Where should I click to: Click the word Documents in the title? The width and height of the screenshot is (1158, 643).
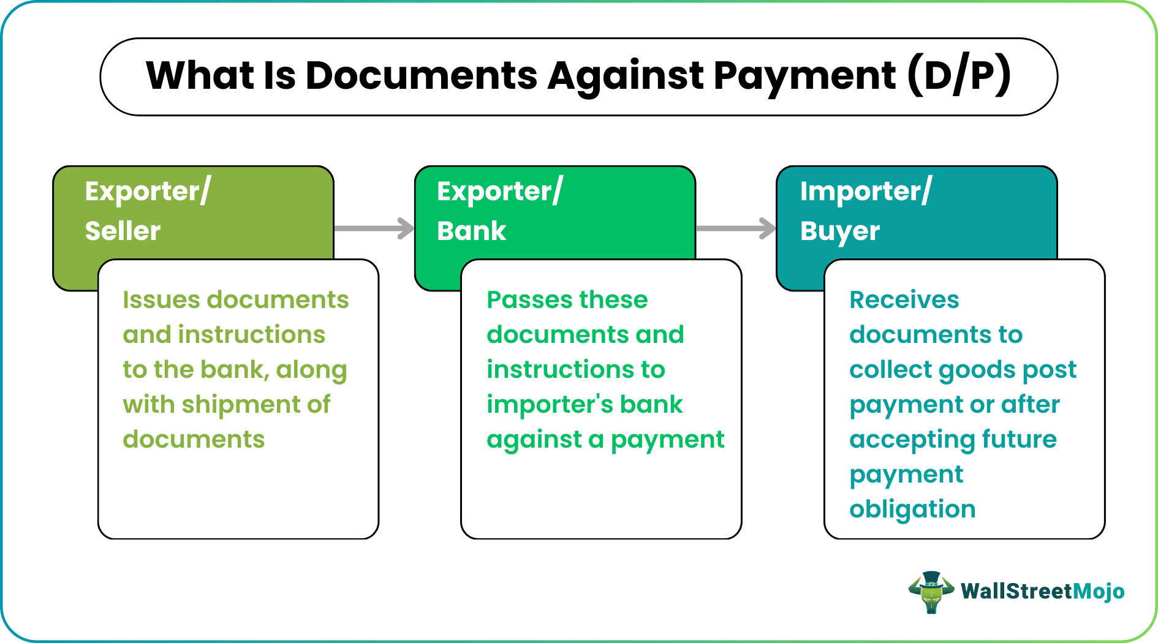pyautogui.click(x=421, y=77)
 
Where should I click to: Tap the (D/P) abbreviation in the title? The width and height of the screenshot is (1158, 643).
pyautogui.click(x=959, y=77)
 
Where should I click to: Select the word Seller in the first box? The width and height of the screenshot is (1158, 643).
pyautogui.click(x=123, y=231)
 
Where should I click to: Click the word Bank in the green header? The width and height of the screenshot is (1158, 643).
pyautogui.click(x=471, y=231)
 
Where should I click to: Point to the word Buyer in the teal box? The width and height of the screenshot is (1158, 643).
pyautogui.click(x=839, y=231)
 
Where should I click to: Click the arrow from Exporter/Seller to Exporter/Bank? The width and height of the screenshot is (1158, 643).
pyautogui.click(x=374, y=228)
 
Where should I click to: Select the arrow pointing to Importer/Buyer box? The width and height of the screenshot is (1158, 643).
pyautogui.click(x=736, y=228)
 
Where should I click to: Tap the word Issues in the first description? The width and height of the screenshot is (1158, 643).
pyautogui.click(x=161, y=300)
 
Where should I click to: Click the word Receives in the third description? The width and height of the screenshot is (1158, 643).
pyautogui.click(x=904, y=300)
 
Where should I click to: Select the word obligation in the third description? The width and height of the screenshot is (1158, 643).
pyautogui.click(x=912, y=510)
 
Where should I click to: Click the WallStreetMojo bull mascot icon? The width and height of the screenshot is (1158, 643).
pyautogui.click(x=931, y=592)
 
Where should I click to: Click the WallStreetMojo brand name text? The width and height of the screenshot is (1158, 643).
pyautogui.click(x=1042, y=591)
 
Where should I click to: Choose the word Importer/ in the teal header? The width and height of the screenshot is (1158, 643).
pyautogui.click(x=865, y=192)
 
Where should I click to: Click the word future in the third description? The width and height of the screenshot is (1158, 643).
pyautogui.click(x=1019, y=440)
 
